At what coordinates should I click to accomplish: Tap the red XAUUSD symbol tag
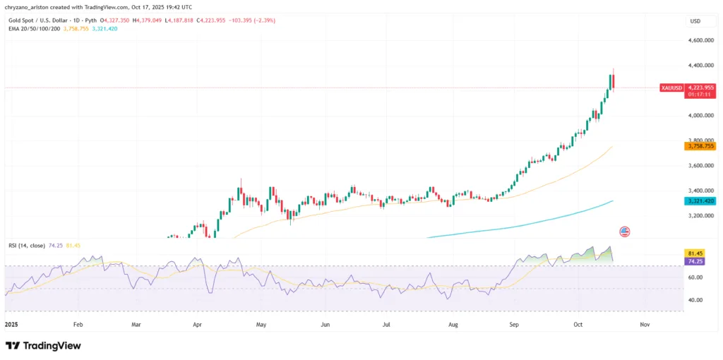pos(671,88)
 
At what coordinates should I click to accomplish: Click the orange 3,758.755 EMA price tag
pos(699,146)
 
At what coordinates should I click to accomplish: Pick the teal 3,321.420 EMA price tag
pos(699,201)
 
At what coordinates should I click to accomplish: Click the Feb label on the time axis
pos(78,324)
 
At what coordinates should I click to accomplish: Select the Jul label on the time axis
pos(386,324)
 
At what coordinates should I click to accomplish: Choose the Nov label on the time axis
pos(644,324)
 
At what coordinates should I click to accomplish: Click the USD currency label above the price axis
pos(695,21)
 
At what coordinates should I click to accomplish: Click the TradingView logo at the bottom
pos(43,346)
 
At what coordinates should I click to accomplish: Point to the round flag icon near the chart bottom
pos(624,231)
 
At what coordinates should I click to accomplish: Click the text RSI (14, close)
pos(24,245)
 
